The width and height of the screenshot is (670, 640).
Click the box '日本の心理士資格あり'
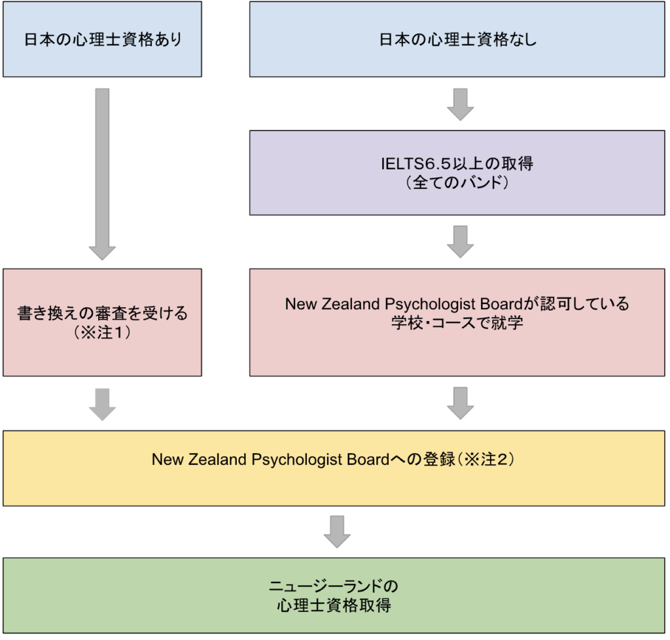tap(102, 39)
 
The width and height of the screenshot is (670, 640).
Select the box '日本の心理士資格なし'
tap(457, 39)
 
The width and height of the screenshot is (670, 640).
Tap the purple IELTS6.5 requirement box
tap(457, 173)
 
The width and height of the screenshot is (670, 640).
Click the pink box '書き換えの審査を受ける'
tap(102, 322)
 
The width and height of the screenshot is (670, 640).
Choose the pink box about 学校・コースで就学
tap(457, 322)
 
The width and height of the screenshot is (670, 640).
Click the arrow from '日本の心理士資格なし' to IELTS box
tap(461, 104)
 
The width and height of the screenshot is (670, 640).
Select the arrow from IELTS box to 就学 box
tap(461, 242)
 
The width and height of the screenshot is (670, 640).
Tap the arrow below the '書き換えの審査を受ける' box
tap(102, 404)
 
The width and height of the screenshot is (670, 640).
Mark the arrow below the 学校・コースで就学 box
tap(461, 403)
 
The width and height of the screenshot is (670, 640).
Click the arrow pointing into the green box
tap(337, 531)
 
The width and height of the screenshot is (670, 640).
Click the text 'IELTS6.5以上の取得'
tap(457, 163)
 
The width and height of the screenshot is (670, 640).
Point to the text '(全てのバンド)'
tap(457, 182)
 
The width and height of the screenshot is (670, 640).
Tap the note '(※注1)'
tap(102, 331)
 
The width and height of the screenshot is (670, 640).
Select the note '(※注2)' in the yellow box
tap(487, 459)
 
